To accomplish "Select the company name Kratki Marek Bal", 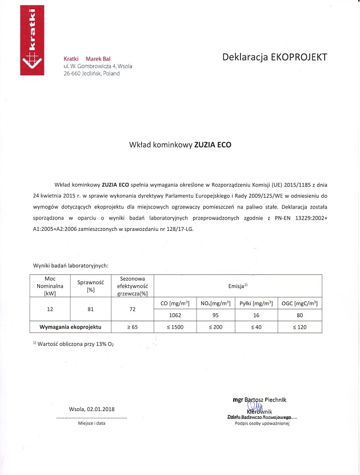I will [x=87, y=59].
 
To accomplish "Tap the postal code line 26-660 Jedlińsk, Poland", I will [x=92, y=74].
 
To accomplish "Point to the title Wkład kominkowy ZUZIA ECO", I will [x=180, y=145].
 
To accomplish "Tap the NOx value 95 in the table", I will [x=215, y=315].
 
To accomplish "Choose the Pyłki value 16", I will [x=255, y=315].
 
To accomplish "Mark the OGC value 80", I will [x=299, y=315].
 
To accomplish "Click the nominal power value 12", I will [x=50, y=309].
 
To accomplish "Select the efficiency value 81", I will [x=90, y=309].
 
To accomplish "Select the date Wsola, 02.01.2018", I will [x=91, y=409].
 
